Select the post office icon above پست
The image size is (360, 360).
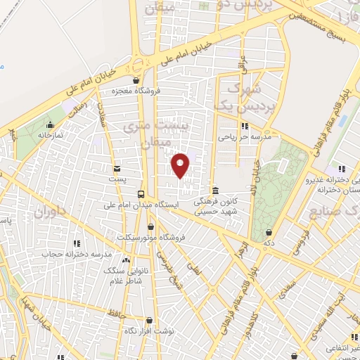coord(116,168)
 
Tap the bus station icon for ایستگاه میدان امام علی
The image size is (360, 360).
coord(142,194)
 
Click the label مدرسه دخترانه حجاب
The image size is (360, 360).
coord(77,254)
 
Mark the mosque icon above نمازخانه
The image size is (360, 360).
coord(49,124)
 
